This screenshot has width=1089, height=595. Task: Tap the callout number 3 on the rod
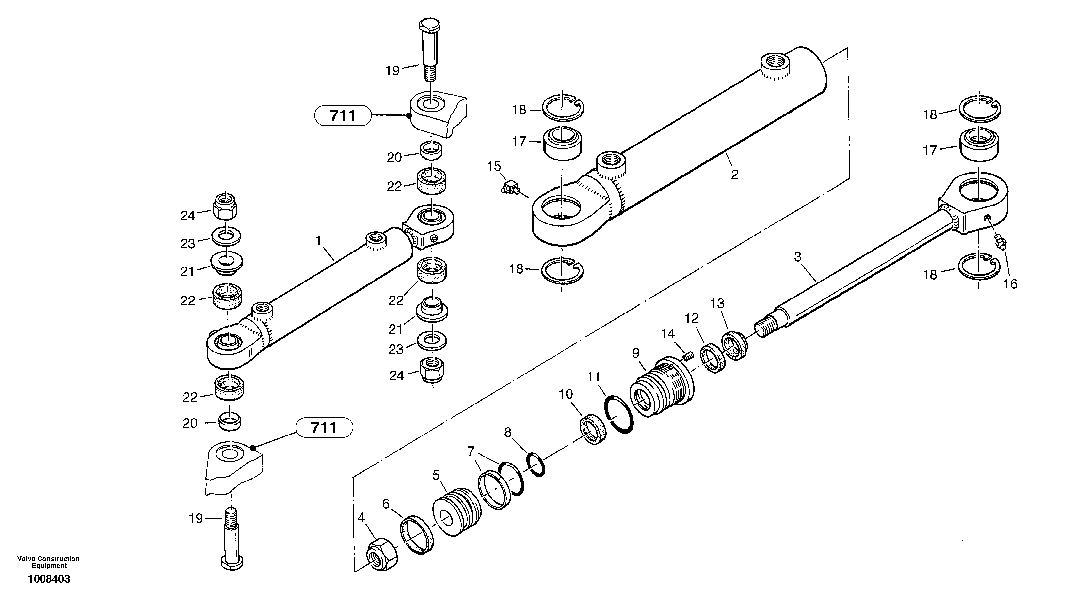point(797,257)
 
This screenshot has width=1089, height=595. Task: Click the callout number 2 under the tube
point(735,175)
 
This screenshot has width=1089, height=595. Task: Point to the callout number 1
point(318,241)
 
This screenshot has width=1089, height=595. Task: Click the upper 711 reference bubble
point(343,115)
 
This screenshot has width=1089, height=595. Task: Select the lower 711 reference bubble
point(324,427)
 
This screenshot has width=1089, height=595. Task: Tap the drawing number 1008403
point(49,579)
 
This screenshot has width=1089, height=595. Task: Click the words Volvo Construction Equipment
point(48,562)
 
